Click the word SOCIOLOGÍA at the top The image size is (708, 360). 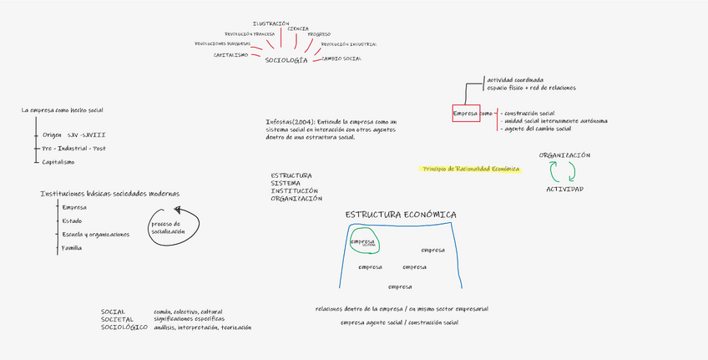[286, 60]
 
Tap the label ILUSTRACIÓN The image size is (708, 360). [271, 23]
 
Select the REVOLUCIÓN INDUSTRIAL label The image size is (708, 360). [348, 44]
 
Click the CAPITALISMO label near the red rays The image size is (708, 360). [230, 54]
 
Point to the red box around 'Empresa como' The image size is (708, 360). [466, 113]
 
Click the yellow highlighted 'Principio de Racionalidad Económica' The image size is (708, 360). [471, 169]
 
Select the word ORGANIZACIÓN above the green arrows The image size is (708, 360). [564, 155]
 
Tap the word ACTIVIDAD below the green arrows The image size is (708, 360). [564, 189]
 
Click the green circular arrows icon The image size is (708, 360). [563, 171]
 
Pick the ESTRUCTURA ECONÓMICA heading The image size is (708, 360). [401, 215]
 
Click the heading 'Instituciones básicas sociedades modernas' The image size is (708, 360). [109, 194]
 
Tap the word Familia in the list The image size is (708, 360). [72, 248]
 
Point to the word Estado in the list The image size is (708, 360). [72, 221]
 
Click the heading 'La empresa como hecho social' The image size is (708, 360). [62, 110]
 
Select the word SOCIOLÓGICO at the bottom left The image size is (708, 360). [118, 327]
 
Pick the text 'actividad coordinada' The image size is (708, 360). [515, 80]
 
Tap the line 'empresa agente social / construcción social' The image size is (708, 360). [399, 322]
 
